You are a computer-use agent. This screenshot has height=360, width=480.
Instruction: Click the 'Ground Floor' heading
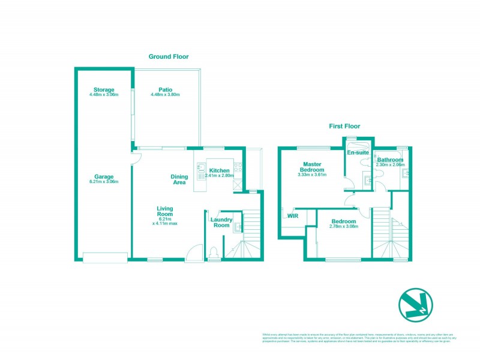169,56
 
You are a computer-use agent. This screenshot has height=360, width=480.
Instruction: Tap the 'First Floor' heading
344,126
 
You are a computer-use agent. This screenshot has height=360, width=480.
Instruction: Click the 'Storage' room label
104,90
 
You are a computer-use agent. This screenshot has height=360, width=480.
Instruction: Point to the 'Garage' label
104,176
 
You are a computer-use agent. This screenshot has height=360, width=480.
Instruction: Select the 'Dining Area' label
179,179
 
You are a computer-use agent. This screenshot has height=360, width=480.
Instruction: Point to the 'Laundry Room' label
220,222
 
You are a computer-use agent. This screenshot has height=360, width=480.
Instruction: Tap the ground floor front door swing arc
193,253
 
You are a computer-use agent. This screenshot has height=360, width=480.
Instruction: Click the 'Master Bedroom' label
312,167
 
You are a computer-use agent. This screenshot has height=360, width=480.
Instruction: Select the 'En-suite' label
358,152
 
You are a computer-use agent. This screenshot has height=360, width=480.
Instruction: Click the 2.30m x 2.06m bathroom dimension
390,164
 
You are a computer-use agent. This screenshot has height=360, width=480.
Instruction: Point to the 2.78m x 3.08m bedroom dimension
343,226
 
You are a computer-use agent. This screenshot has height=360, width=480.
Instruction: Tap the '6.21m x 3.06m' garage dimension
104,181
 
